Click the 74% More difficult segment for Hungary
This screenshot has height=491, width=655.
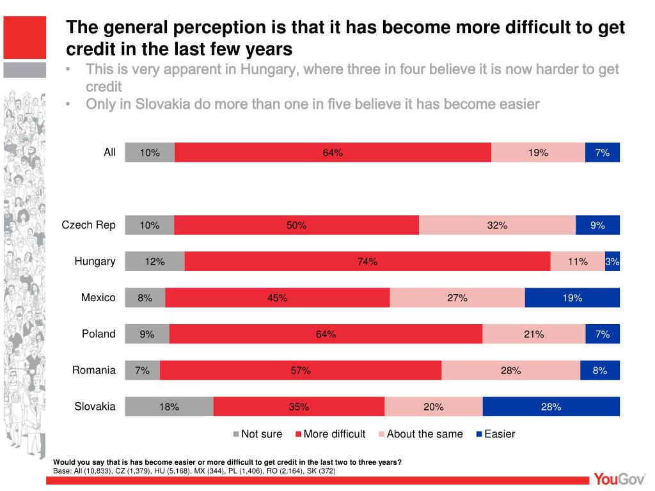(x=367, y=261)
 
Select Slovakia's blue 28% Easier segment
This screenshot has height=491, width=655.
(x=551, y=407)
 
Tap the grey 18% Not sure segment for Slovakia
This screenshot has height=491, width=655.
(x=169, y=407)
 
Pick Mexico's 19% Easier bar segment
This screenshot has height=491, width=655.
(x=572, y=298)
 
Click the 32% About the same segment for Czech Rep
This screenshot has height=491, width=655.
(x=497, y=225)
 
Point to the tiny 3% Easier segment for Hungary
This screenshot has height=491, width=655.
(x=612, y=261)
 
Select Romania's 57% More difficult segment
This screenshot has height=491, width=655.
(x=301, y=370)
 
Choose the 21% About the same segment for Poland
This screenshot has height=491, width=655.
(x=533, y=334)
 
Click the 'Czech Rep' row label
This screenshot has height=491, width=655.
(x=88, y=225)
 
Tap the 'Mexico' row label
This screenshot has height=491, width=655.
(x=99, y=298)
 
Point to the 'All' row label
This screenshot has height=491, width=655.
(x=110, y=152)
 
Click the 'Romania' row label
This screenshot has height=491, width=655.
(x=94, y=370)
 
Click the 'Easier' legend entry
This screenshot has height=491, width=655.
(x=499, y=434)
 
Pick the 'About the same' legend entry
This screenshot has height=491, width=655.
(x=424, y=434)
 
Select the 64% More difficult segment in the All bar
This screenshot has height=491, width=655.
(x=333, y=152)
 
